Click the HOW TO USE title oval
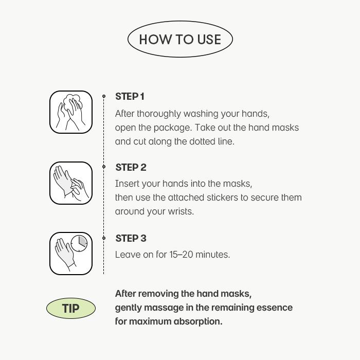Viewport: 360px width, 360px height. tap(180, 39)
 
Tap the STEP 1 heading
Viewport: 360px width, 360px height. tap(130, 97)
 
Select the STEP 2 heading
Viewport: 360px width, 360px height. tap(131, 168)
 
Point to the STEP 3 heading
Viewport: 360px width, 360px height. tap(131, 239)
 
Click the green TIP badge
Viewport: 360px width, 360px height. tap(71, 309)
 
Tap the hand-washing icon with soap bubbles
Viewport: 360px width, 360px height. tap(71, 112)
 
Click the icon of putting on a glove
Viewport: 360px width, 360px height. tap(71, 183)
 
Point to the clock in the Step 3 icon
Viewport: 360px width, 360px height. tap(79, 243)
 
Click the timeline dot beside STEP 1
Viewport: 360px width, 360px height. tap(104, 96)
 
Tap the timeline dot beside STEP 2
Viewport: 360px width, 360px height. tap(104, 167)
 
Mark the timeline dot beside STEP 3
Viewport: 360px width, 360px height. tap(104, 238)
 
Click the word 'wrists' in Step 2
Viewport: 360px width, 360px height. tap(178, 212)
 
